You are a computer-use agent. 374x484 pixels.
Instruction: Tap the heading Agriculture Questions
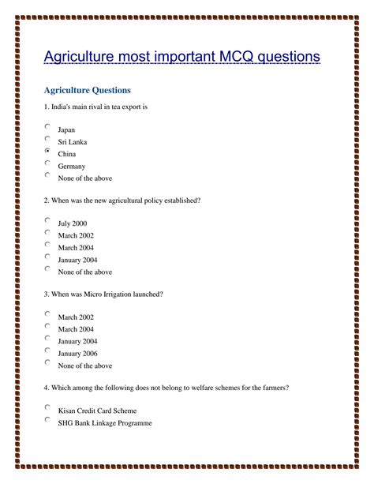click(87, 91)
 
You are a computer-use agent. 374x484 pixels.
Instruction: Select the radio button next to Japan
click(48, 126)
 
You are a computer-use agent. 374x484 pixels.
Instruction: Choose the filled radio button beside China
click(48, 151)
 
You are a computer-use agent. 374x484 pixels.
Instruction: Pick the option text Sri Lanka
click(73, 142)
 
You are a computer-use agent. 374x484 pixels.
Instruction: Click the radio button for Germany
click(48, 163)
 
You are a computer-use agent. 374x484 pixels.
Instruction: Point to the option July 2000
click(73, 223)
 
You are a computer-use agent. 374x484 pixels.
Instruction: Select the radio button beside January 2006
click(48, 350)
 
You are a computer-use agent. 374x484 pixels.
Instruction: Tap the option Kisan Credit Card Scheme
click(97, 411)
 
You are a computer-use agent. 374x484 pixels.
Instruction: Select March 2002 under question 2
click(76, 235)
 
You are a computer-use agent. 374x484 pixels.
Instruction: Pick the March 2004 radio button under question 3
click(48, 326)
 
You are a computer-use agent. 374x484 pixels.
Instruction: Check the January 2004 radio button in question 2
click(48, 256)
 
